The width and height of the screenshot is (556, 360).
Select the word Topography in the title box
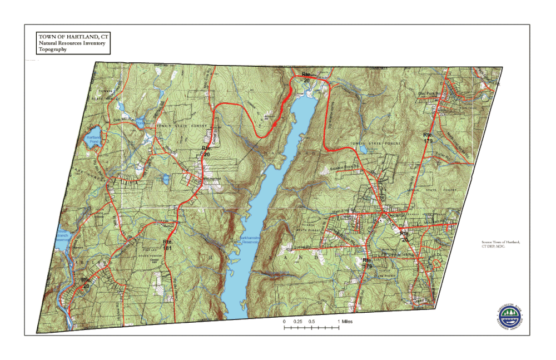(x=53, y=50)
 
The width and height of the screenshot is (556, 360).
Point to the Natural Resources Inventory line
(x=72, y=43)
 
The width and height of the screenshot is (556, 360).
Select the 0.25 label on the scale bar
(x=298, y=321)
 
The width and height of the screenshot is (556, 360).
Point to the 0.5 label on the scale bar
(x=312, y=321)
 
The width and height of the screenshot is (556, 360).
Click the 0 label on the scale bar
(x=284, y=321)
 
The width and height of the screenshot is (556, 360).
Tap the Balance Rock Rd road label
(x=348, y=167)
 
